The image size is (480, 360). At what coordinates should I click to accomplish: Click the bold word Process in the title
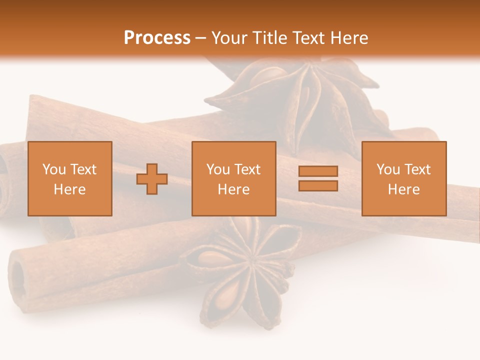[x=157, y=38]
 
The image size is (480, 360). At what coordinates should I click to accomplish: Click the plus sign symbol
[x=152, y=179]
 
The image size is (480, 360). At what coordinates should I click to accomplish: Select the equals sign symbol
[x=318, y=178]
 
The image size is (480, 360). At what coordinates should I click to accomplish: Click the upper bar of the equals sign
[x=318, y=171]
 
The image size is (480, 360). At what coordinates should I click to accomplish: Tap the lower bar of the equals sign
[x=318, y=185]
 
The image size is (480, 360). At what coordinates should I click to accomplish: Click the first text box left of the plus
[x=70, y=178]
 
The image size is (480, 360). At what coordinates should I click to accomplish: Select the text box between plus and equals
[x=233, y=178]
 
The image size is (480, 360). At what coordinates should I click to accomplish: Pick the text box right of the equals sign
[x=403, y=178]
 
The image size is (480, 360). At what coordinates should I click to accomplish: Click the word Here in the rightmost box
[x=403, y=189]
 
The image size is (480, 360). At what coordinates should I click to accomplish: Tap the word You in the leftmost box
[x=53, y=169]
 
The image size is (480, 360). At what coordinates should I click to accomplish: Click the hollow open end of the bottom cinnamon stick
[x=19, y=277]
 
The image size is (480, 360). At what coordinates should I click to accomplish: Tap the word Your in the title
[x=229, y=38]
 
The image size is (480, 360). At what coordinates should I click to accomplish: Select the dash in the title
[x=201, y=38]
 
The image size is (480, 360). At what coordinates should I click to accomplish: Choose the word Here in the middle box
[x=233, y=189]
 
